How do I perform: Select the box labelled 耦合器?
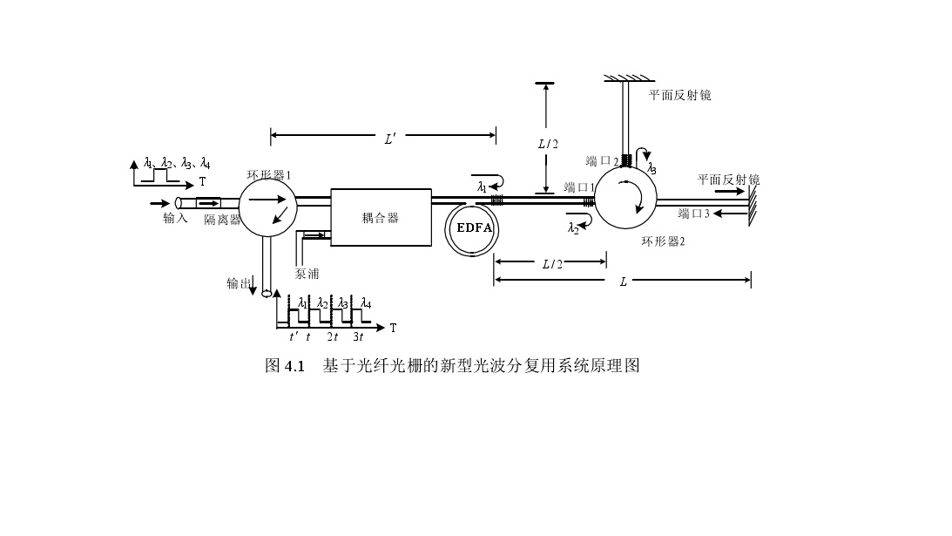pyautogui.click(x=381, y=218)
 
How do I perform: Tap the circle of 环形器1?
pyautogui.click(x=267, y=207)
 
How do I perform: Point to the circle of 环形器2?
pyautogui.click(x=625, y=198)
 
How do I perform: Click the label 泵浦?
pyautogui.click(x=307, y=274)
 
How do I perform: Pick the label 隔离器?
pyautogui.click(x=222, y=220)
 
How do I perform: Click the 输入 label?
pyautogui.click(x=175, y=218)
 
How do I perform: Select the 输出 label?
pyautogui.click(x=239, y=283)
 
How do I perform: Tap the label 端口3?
pyautogui.click(x=694, y=214)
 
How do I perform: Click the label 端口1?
pyautogui.click(x=579, y=187)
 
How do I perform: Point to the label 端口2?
pyautogui.click(x=602, y=161)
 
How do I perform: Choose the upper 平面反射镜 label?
pyautogui.click(x=680, y=95)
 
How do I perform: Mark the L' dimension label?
pyautogui.click(x=390, y=139)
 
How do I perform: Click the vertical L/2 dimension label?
pyautogui.click(x=548, y=144)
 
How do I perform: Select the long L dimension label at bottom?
pyautogui.click(x=623, y=282)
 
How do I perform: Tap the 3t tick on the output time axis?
pyautogui.click(x=358, y=336)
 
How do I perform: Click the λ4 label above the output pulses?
pyautogui.click(x=366, y=302)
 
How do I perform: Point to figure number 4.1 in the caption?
pyautogui.click(x=294, y=366)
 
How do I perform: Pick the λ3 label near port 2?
pyautogui.click(x=652, y=168)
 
